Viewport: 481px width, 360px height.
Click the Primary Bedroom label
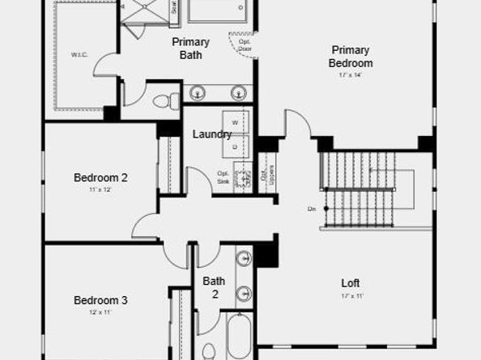(351, 56)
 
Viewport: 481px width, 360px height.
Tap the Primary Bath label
(190, 49)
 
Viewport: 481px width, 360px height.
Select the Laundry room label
(212, 134)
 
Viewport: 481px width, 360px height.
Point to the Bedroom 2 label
(100, 178)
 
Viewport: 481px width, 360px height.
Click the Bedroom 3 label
(100, 300)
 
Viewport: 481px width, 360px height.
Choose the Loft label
(350, 283)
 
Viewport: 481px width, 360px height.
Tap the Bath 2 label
(214, 287)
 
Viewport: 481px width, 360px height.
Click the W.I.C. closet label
(79, 55)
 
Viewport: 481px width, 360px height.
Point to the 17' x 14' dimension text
(350, 75)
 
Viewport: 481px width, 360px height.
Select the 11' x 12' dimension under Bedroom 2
(100, 190)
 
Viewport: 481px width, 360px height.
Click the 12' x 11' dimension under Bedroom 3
(100, 312)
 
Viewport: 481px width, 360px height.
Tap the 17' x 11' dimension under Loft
(350, 296)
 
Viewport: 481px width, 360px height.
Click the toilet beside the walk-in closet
(165, 101)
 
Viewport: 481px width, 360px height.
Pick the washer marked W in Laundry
(236, 122)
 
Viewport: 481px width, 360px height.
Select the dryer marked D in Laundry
(236, 146)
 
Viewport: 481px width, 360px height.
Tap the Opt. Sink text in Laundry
(223, 176)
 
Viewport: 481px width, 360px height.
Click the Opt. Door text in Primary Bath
(245, 45)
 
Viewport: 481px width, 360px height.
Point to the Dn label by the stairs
(312, 209)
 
